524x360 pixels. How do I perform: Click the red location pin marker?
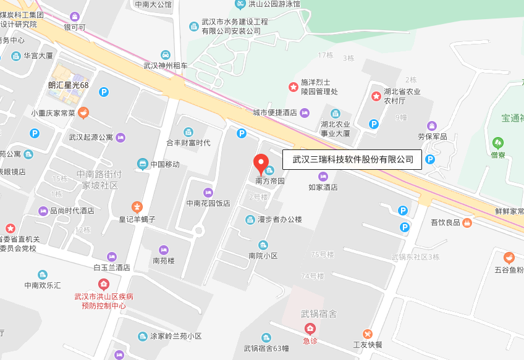261,164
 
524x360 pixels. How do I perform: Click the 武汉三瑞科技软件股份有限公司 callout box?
352,159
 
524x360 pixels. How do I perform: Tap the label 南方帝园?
270,182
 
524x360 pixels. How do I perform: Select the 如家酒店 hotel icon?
323,177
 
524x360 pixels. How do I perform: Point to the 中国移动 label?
164,164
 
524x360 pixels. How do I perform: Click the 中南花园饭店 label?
208,203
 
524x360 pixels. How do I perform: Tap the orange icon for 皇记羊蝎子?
137,206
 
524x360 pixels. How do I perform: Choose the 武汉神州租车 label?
166,65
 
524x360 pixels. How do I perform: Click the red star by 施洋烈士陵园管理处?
294,87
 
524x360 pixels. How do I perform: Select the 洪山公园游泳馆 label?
274,4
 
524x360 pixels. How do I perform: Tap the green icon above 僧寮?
497,142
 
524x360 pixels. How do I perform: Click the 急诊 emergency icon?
310,329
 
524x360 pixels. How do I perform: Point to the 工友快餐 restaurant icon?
368,333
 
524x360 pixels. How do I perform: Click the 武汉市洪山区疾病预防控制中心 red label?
104,301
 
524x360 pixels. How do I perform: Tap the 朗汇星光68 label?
69,85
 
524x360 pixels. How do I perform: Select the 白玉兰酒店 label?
111,267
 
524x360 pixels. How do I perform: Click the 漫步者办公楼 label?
279,219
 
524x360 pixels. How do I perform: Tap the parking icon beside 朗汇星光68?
104,92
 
